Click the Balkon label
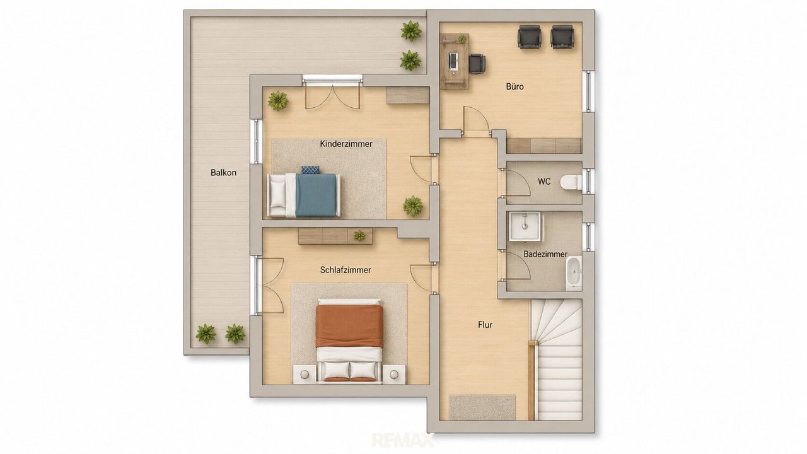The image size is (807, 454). click(x=223, y=173)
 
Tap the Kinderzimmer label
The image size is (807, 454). click(x=346, y=144)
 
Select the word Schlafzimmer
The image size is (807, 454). click(x=345, y=270)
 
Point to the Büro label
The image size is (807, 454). click(x=515, y=86)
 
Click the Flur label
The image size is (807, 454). click(x=485, y=325)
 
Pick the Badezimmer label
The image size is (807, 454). click(x=545, y=254)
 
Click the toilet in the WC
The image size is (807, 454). click(x=571, y=182)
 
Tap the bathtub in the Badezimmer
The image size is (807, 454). click(x=574, y=273)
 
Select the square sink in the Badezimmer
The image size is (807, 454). click(x=525, y=226)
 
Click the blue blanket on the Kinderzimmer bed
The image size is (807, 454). click(x=316, y=195)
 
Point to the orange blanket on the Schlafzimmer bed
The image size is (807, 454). click(x=349, y=326)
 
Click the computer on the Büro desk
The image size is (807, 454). click(x=453, y=61)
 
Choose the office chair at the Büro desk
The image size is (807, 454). click(x=477, y=64)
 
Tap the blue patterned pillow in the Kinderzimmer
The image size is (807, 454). click(x=310, y=170)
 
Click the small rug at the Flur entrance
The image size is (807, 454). click(x=482, y=407)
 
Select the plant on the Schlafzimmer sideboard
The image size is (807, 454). click(x=359, y=236)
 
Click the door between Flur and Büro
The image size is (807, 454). click(x=476, y=120)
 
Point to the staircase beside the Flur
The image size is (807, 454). click(x=557, y=359)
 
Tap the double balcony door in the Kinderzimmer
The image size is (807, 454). click(x=332, y=96)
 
